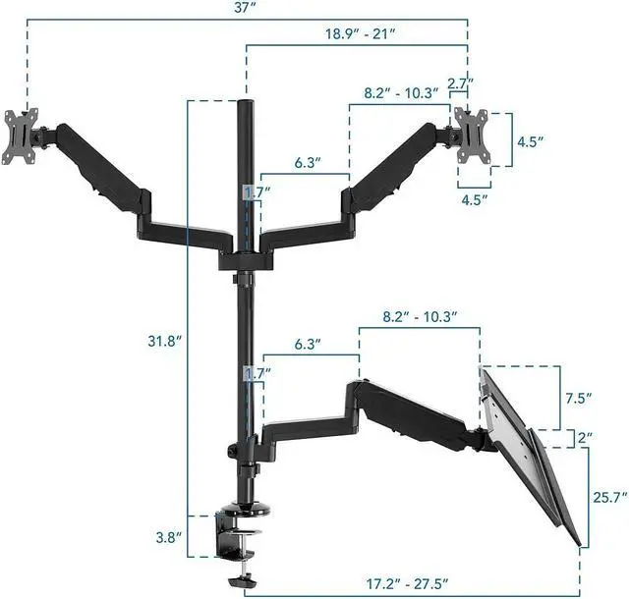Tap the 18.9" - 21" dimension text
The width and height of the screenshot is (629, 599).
(x=359, y=33)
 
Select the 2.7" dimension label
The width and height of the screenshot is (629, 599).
(x=460, y=83)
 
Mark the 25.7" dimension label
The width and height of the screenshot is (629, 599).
(x=608, y=498)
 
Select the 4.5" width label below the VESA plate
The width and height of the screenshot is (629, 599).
(x=473, y=199)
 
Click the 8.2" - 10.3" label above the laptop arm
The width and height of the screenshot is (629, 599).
(x=420, y=316)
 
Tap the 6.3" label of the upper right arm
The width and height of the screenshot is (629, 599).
(x=308, y=162)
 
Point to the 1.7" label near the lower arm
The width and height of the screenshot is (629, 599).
(x=255, y=374)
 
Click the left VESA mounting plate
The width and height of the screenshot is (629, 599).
(x=21, y=137)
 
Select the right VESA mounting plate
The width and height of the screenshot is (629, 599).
(x=471, y=135)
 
